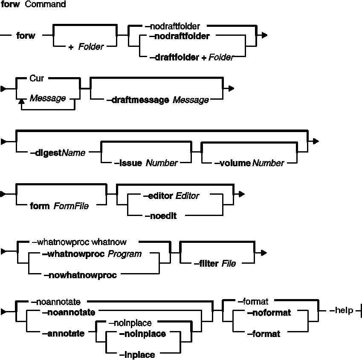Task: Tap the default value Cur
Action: (x=38, y=79)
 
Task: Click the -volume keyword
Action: (x=232, y=163)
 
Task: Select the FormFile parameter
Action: (x=71, y=206)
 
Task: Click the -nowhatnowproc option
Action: (x=80, y=275)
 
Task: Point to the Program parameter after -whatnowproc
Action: (x=125, y=254)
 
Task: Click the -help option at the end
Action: (x=342, y=310)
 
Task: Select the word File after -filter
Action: (x=229, y=264)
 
